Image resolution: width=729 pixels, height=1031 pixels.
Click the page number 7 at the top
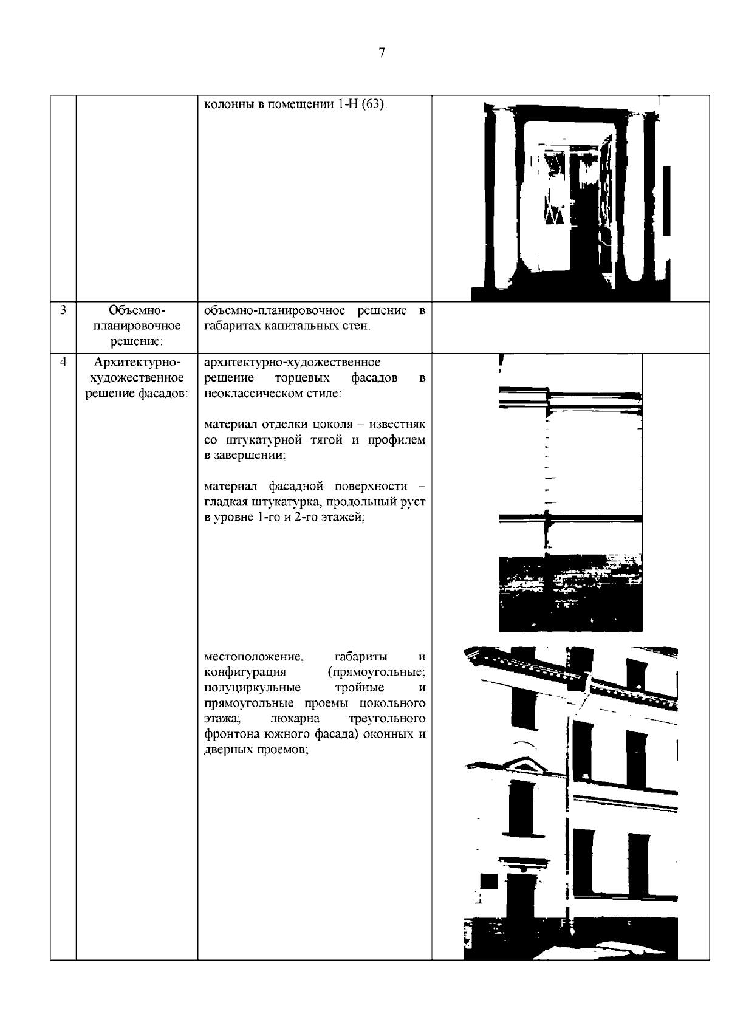click(382, 53)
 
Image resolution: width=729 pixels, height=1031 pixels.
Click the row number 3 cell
click(63, 310)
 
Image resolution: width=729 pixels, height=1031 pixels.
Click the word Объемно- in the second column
click(137, 310)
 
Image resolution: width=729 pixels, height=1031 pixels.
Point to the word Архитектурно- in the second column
click(137, 363)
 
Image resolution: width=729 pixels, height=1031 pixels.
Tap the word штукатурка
click(270, 502)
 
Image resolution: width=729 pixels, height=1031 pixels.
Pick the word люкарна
click(294, 719)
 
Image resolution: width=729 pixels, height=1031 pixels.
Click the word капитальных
click(303, 326)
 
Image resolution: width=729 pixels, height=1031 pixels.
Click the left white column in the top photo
click(505, 200)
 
